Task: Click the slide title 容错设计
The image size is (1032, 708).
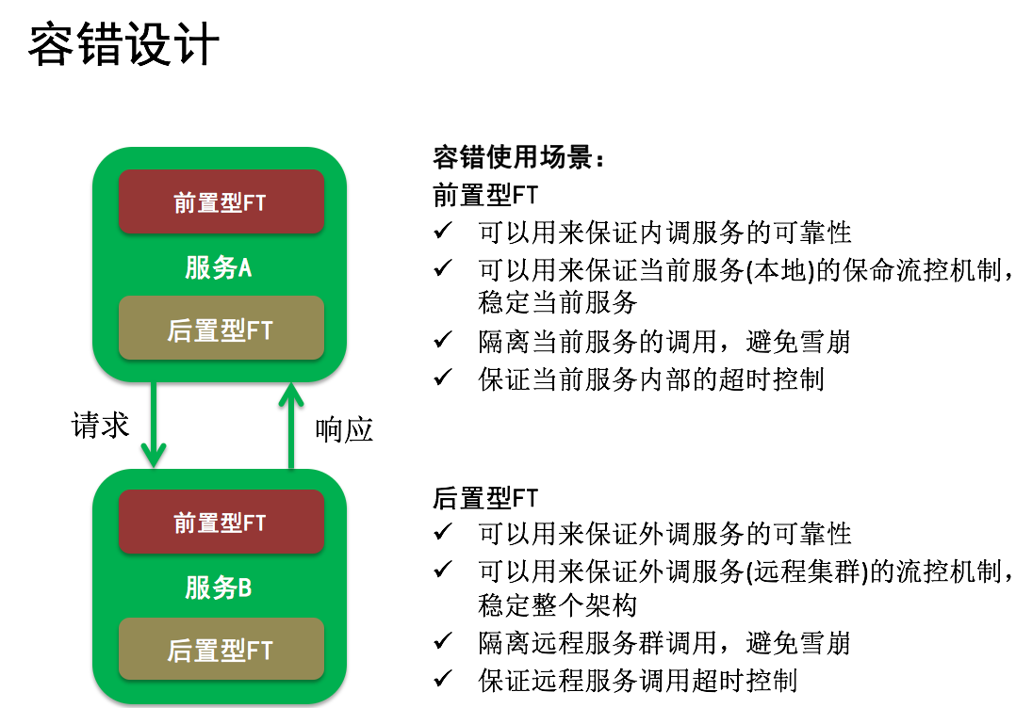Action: [x=123, y=44]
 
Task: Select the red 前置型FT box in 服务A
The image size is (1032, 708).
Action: [x=221, y=201]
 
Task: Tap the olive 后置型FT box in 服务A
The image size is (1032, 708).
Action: [x=221, y=329]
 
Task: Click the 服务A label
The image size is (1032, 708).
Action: [x=218, y=267]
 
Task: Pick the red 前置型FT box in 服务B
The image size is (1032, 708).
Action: [x=221, y=522]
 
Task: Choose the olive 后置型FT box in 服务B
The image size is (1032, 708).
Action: [x=221, y=649]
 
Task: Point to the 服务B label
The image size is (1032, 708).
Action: [x=218, y=587]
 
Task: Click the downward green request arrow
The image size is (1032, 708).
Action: [x=154, y=425]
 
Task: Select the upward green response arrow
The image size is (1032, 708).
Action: [x=291, y=426]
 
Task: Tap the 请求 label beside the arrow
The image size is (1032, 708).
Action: [x=100, y=425]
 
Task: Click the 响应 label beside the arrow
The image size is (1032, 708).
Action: [x=344, y=430]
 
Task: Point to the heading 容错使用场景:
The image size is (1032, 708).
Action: [x=518, y=158]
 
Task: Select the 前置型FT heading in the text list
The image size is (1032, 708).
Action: [x=485, y=195]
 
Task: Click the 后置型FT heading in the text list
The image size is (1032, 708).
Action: [x=485, y=498]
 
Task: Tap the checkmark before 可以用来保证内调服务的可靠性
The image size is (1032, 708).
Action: [x=443, y=230]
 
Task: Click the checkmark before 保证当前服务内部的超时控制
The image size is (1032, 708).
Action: [x=443, y=377]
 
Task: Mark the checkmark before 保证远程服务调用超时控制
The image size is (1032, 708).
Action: [x=443, y=678]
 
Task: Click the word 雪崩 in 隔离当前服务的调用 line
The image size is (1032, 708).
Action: [x=826, y=342]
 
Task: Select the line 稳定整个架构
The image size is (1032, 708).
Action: [x=557, y=604]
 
